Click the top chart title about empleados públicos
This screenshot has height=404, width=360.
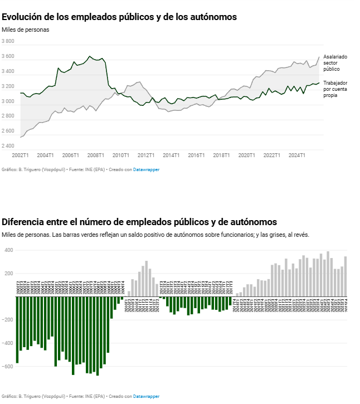click(x=119, y=17)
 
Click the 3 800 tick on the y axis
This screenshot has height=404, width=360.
click(x=8, y=41)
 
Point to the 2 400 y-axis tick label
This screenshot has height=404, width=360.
click(x=8, y=146)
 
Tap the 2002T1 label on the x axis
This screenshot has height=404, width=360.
click(x=20, y=155)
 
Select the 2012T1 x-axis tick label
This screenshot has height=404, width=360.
click(x=146, y=155)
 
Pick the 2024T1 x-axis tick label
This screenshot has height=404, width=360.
click(x=296, y=155)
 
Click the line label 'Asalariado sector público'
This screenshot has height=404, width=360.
click(x=335, y=63)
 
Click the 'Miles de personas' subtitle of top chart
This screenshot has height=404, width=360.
click(x=26, y=30)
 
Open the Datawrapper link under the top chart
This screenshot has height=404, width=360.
click(x=146, y=169)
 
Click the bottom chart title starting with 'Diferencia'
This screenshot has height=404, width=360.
click(x=139, y=222)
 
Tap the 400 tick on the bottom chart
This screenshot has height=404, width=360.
click(x=9, y=250)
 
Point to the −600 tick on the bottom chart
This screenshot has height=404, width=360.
click(x=7, y=367)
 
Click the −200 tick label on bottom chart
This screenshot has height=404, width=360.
click(x=7, y=320)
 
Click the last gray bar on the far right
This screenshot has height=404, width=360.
click(x=346, y=276)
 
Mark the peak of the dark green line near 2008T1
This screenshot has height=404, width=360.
click(x=90, y=56)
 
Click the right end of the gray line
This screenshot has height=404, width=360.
click(x=319, y=57)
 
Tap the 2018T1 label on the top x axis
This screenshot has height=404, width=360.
click(x=221, y=155)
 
